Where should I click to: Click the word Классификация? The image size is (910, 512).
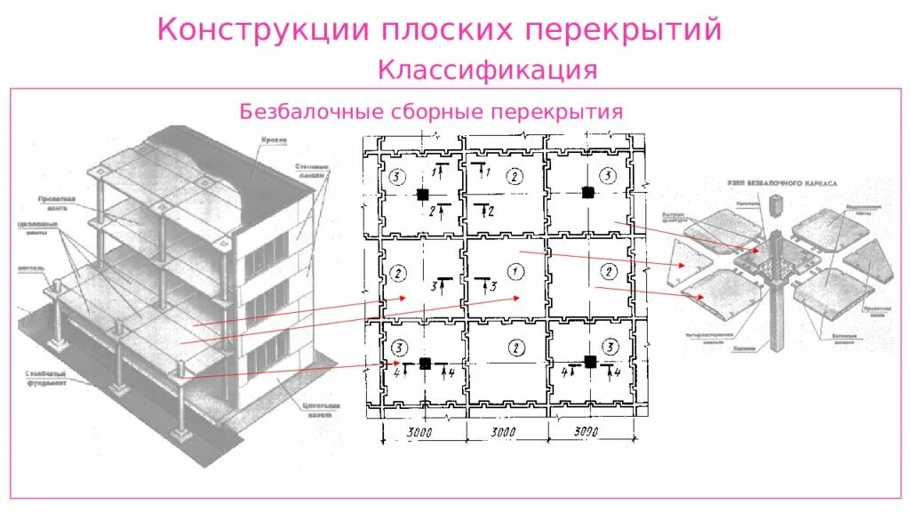pyautogui.click(x=487, y=68)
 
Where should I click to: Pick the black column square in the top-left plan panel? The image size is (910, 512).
pyautogui.click(x=425, y=195)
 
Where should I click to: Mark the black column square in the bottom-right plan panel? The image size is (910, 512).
pyautogui.click(x=588, y=361)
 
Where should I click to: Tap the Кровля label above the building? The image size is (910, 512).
pyautogui.click(x=273, y=140)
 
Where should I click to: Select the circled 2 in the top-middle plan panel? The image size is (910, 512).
pyautogui.click(x=513, y=176)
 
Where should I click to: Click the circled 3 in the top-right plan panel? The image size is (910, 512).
pyautogui.click(x=608, y=176)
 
